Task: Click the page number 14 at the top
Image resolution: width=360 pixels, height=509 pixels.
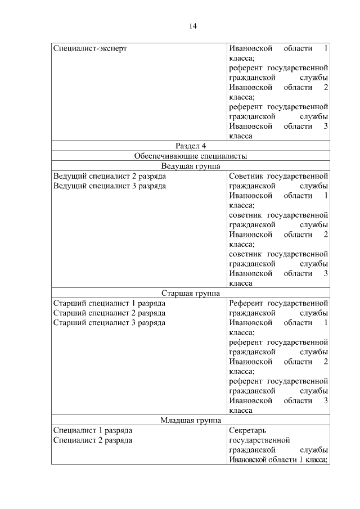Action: point(192,26)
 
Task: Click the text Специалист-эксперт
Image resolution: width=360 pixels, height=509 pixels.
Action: point(90,48)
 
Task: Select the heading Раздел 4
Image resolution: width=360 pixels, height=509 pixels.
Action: point(191,146)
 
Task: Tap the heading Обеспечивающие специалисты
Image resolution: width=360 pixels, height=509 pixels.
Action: point(191,156)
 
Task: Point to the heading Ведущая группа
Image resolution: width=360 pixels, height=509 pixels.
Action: point(191,166)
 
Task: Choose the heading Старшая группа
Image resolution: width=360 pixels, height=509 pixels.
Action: point(191,293)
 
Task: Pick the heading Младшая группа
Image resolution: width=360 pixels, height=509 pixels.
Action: point(191,420)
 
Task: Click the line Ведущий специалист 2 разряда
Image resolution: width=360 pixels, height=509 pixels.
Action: point(109,176)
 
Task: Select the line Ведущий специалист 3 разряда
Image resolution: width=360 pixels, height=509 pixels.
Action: point(109,186)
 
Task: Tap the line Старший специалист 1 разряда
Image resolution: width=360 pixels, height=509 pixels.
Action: point(109,303)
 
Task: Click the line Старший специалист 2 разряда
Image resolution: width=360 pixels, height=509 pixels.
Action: point(109,313)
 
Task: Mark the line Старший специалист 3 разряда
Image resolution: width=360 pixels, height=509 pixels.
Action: point(109,323)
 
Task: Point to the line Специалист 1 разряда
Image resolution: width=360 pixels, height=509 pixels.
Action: point(93,430)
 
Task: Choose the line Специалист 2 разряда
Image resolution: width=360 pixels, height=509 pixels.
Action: point(93,440)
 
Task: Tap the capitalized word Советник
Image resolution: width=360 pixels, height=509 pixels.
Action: point(245,176)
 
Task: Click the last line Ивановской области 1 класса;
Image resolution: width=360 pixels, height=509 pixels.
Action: point(278,460)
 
